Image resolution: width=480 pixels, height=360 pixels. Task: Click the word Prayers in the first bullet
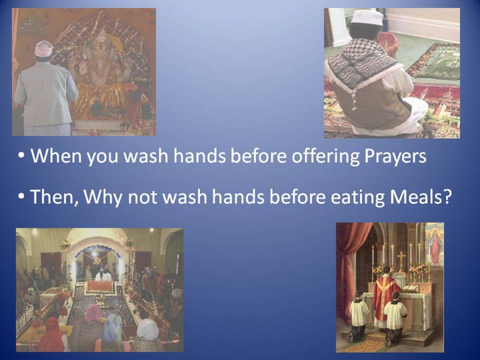click(x=395, y=157)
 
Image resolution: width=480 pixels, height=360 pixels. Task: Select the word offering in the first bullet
click(x=325, y=157)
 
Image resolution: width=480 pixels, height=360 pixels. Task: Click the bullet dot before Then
click(x=21, y=197)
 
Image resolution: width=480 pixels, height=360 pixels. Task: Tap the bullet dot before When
click(x=21, y=155)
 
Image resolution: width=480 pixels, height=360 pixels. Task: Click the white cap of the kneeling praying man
click(x=367, y=18)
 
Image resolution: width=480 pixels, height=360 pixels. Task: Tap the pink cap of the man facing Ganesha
click(x=43, y=49)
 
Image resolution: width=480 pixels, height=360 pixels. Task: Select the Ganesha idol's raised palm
click(x=83, y=69)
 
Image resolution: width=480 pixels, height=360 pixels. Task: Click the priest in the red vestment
click(x=386, y=296)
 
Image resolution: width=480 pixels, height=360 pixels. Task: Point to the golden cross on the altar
click(x=401, y=260)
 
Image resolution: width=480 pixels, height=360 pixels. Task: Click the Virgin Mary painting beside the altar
click(x=435, y=243)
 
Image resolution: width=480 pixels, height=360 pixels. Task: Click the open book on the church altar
click(x=410, y=289)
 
